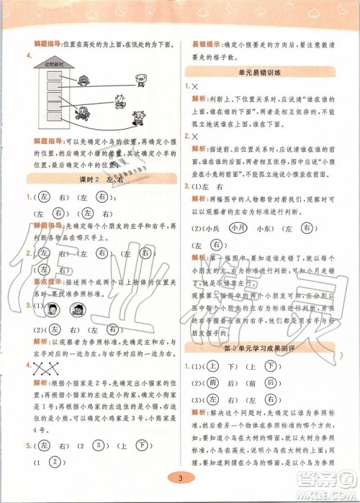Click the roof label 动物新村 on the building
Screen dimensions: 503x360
click(55, 64)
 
